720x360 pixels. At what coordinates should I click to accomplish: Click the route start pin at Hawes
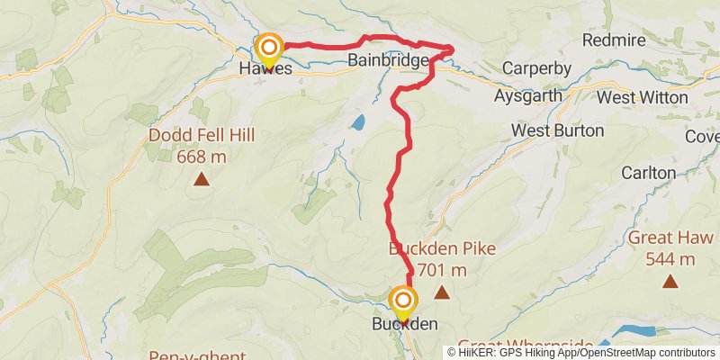tap(268, 47)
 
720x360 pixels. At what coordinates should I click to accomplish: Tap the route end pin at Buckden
tap(403, 301)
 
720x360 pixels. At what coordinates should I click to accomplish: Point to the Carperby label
tap(533, 68)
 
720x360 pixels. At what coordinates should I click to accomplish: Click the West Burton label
tap(558, 130)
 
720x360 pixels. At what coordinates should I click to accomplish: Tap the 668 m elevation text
tap(202, 157)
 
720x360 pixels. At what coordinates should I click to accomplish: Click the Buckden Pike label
tap(442, 249)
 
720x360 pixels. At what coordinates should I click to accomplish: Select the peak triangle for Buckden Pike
tap(442, 292)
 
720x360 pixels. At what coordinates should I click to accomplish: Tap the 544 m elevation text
tap(670, 259)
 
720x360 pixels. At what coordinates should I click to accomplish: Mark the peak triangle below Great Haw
tap(670, 283)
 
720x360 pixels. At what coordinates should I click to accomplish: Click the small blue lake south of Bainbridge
tap(359, 121)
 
